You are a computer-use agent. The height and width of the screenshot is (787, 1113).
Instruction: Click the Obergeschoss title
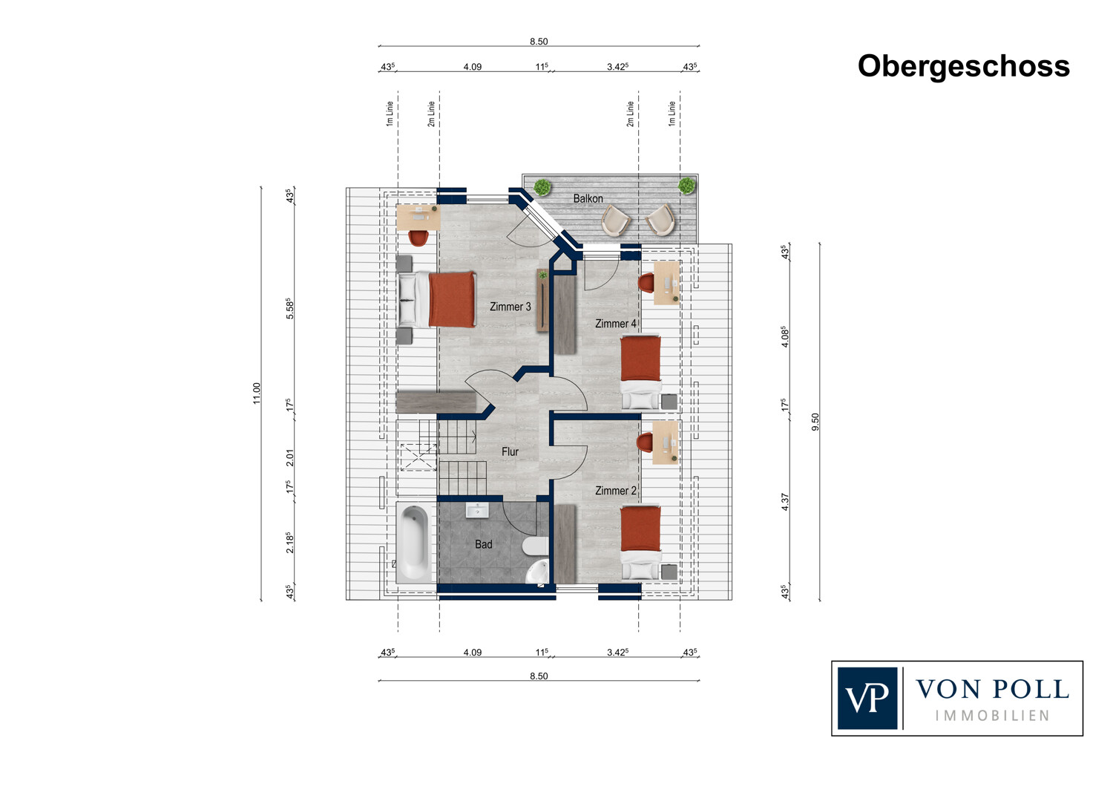[x=963, y=67]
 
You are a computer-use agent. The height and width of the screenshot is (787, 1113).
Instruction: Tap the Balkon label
[x=588, y=198]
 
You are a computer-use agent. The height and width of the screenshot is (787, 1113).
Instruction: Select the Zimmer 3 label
[x=510, y=307]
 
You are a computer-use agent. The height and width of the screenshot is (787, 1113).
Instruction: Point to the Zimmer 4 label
[x=616, y=324]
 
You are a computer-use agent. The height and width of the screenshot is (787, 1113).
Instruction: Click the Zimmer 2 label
[x=616, y=491]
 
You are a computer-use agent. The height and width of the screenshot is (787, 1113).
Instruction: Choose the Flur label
[x=510, y=451]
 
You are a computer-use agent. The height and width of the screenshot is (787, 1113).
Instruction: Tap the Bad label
[x=484, y=544]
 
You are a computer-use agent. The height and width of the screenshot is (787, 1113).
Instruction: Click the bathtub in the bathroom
[x=414, y=543]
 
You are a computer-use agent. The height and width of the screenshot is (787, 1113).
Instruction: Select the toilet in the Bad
[x=536, y=546]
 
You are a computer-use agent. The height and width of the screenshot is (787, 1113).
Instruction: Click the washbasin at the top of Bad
[x=477, y=510]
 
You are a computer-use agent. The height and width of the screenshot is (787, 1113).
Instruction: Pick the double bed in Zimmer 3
[x=436, y=299]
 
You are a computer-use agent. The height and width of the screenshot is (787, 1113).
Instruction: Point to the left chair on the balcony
[x=616, y=221]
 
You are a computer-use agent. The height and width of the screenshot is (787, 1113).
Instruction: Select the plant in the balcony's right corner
[x=687, y=186]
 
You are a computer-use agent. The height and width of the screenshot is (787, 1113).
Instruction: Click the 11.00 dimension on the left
[x=257, y=393]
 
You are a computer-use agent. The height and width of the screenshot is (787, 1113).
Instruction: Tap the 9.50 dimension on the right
[x=815, y=422]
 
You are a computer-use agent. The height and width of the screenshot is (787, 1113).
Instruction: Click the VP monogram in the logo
[x=867, y=698]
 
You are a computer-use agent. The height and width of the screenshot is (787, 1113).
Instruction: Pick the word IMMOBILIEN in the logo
[x=992, y=716]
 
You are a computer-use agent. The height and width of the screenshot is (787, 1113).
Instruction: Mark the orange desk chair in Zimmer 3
[x=418, y=238]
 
